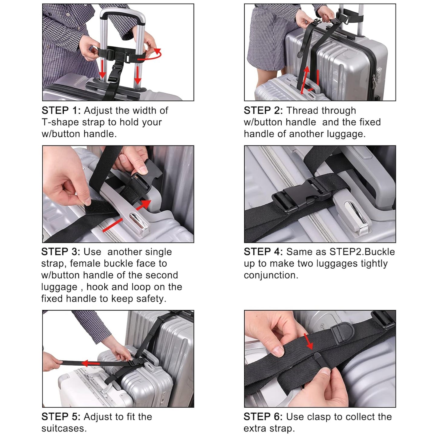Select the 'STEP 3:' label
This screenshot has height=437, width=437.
point(61,252)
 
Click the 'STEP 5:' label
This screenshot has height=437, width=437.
point(61,417)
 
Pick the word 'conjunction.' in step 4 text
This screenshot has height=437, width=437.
point(271,276)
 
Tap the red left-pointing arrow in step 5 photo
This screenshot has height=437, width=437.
point(91,363)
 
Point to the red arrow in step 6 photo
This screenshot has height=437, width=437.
point(309,341)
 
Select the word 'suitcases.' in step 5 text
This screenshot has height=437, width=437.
point(64,429)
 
